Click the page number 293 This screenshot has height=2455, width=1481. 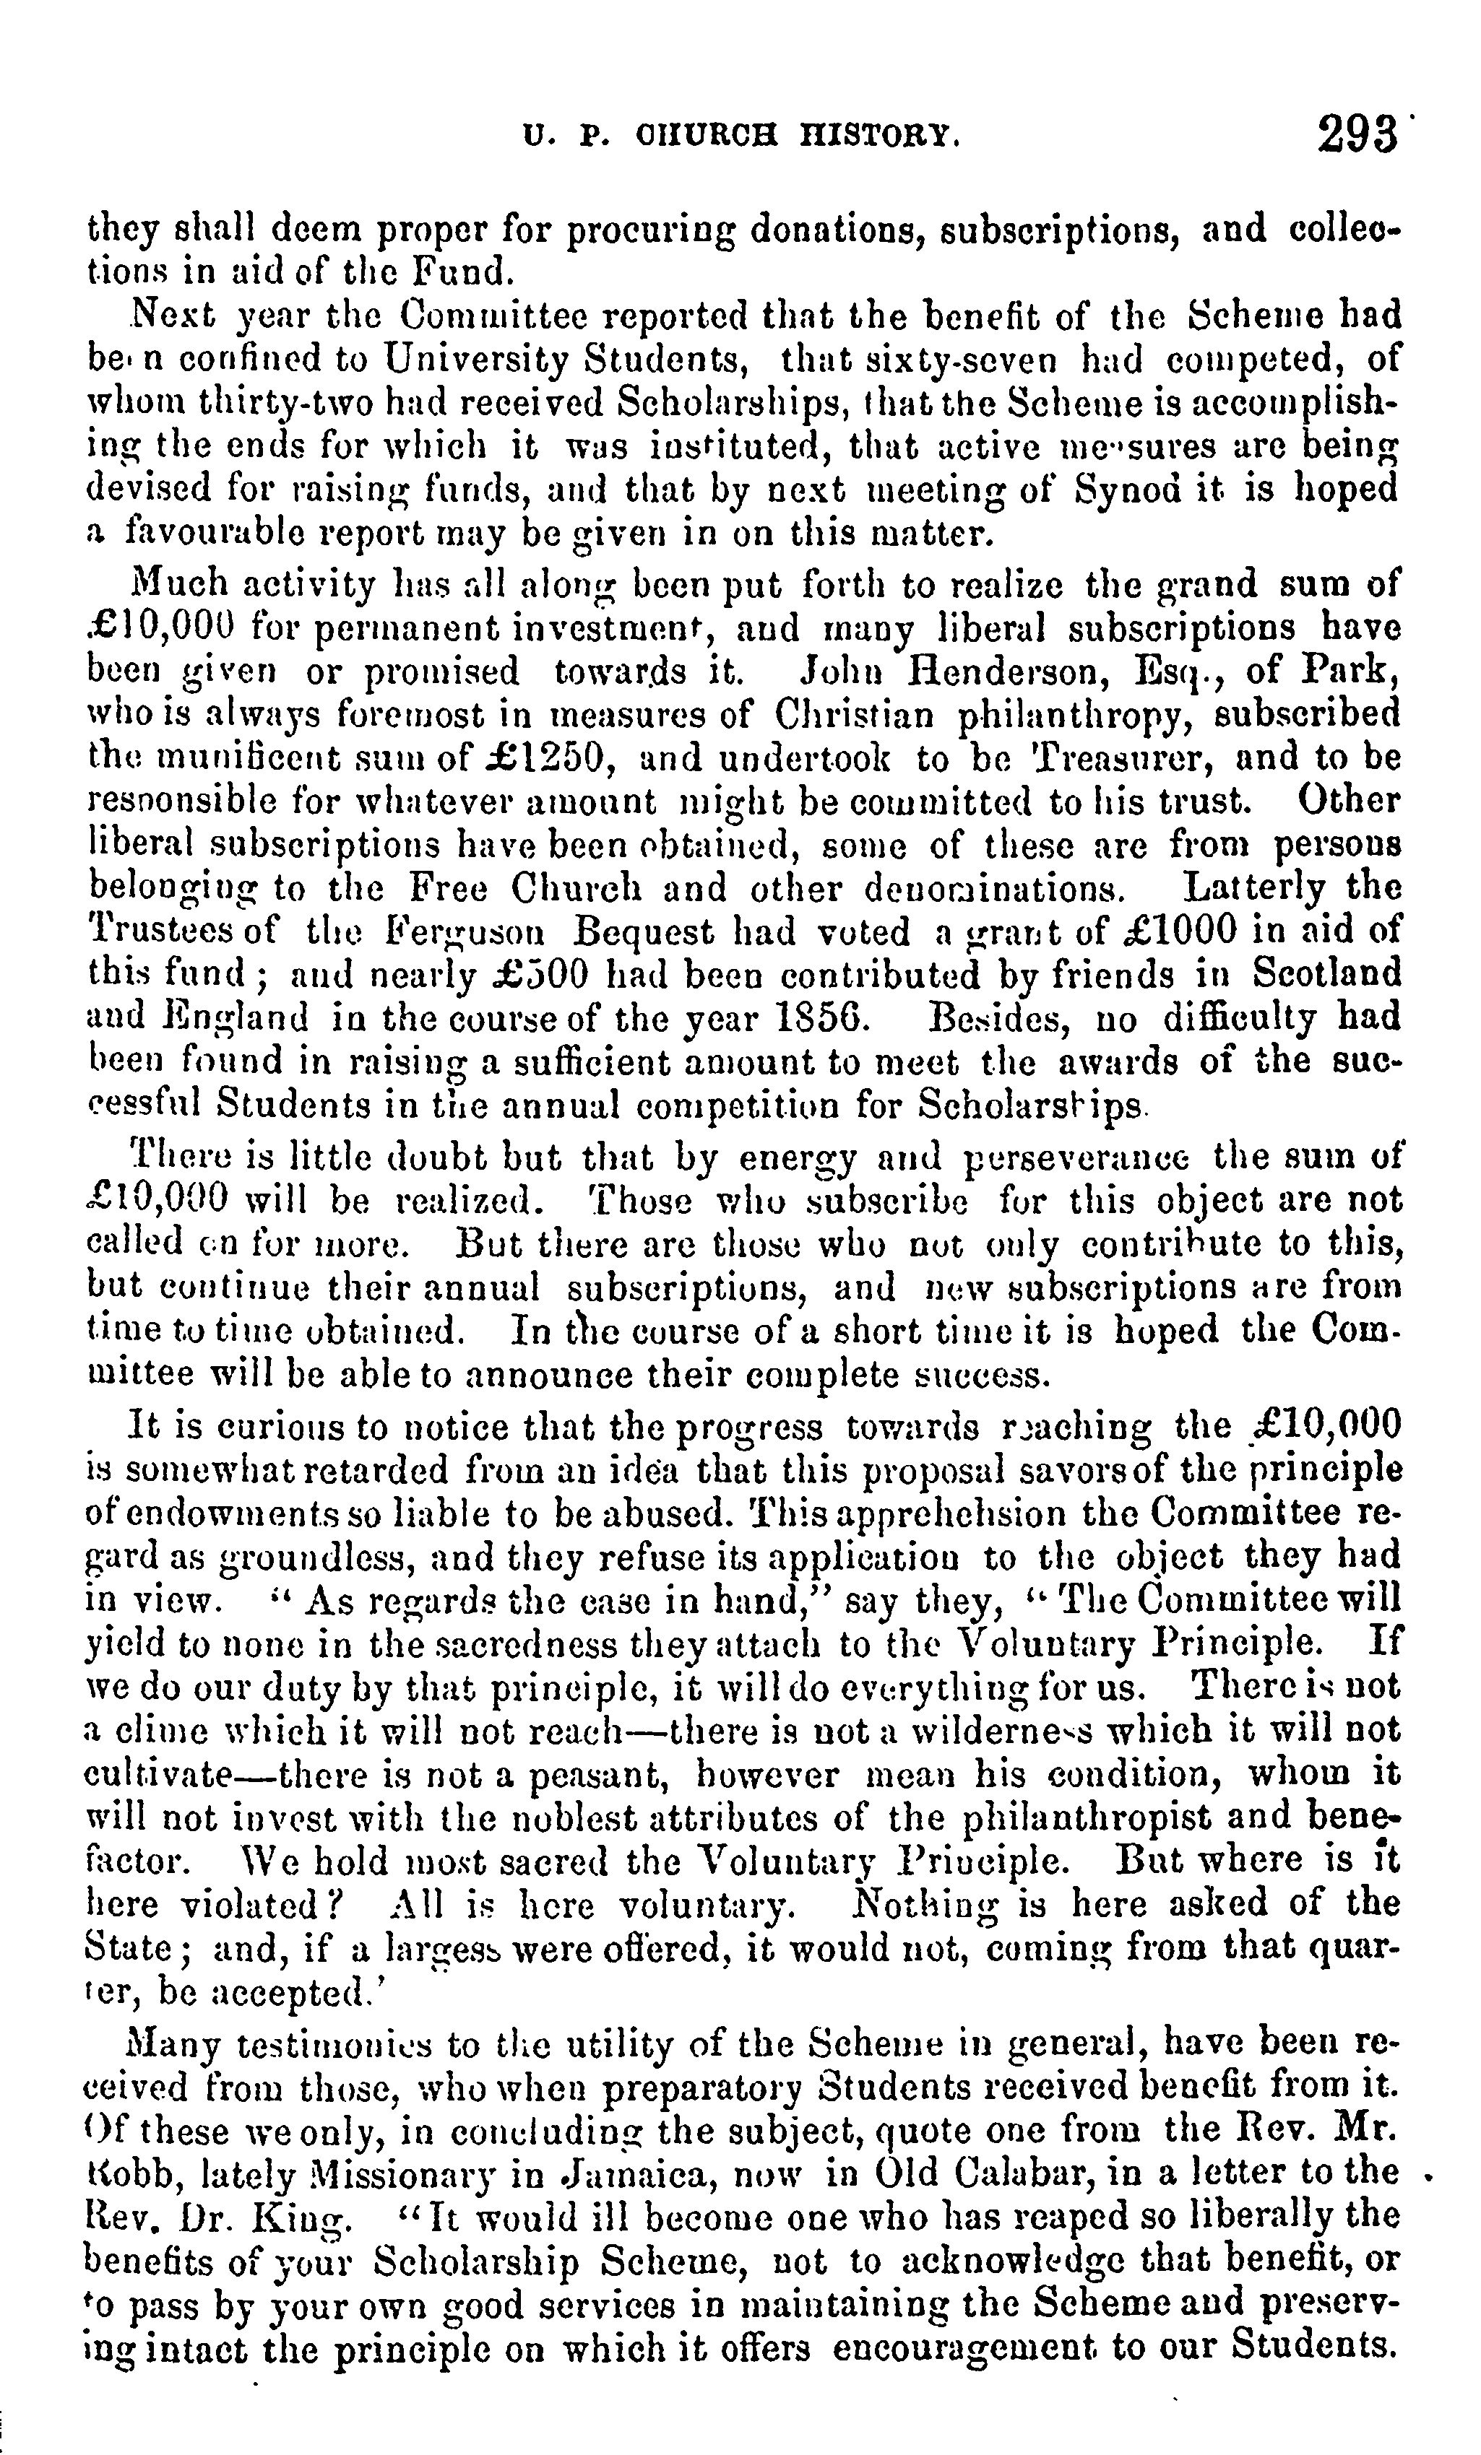pyautogui.click(x=1357, y=134)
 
